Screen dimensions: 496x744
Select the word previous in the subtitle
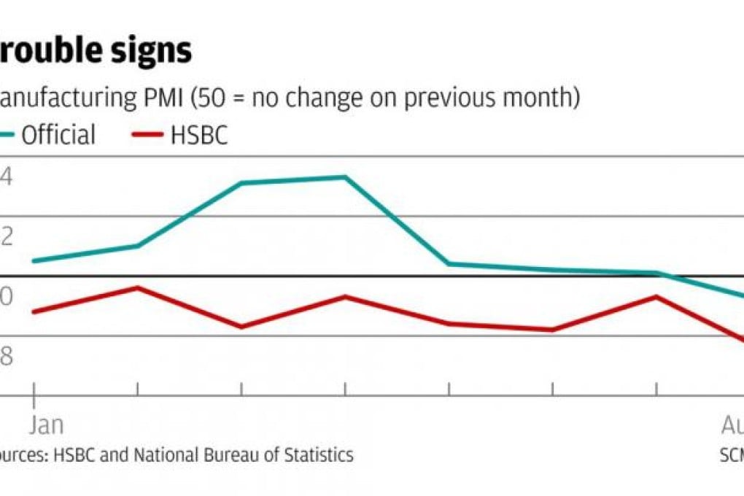coord(451,98)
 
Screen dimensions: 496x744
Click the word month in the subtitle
coord(536,98)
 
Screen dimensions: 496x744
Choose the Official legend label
coord(58,136)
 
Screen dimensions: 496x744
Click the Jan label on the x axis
coord(47,425)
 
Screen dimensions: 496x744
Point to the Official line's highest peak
coord(344,177)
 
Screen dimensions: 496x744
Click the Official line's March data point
coord(241,183)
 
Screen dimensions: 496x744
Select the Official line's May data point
coord(449,263)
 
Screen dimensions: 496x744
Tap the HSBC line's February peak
coord(137,287)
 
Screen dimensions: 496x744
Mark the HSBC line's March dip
coord(241,327)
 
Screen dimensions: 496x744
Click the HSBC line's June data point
coord(552,330)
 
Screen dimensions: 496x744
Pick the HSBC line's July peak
coord(656,296)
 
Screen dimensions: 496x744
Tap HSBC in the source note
coord(71,455)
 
